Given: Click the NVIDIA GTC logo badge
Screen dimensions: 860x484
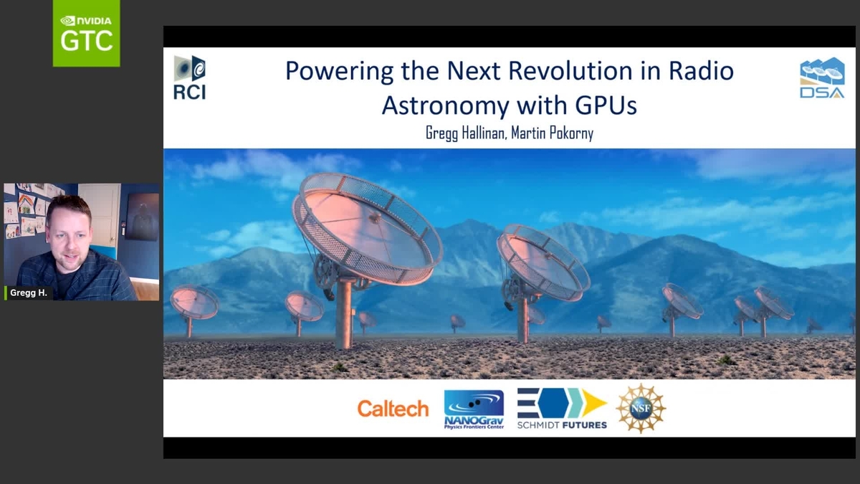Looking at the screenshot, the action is [87, 33].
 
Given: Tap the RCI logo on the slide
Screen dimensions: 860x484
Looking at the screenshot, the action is [190, 77].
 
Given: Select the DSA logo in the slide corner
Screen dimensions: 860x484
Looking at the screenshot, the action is [822, 77].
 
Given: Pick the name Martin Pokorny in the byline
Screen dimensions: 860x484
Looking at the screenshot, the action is [552, 133].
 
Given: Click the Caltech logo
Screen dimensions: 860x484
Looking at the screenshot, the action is [393, 408].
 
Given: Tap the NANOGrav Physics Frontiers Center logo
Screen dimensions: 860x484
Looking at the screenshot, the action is [474, 409].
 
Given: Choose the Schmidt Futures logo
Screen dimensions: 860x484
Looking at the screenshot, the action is [562, 408].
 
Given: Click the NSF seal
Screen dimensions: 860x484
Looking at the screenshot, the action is [641, 408].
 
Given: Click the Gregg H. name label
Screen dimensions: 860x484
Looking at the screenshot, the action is [29, 293].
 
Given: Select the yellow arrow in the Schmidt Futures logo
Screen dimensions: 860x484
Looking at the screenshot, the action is [594, 402].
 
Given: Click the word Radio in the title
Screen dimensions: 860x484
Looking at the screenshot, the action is [702, 71].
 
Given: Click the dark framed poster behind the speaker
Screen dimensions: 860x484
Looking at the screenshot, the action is [142, 217].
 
